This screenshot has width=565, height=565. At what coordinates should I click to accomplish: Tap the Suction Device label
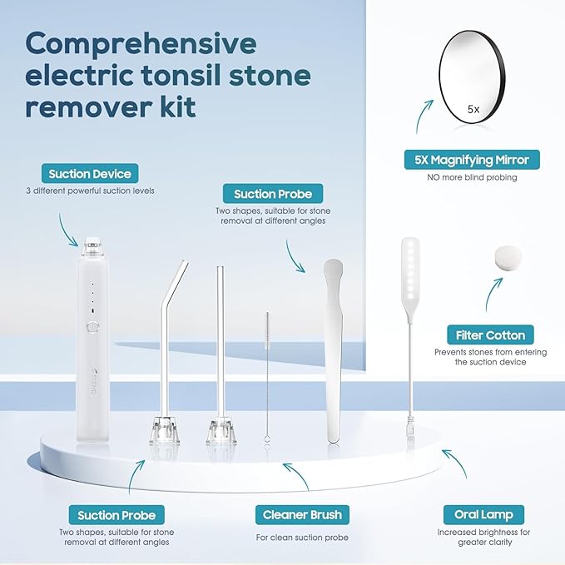(90, 174)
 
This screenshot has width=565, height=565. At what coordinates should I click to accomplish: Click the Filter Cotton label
(490, 335)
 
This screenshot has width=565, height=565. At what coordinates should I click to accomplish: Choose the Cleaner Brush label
(301, 515)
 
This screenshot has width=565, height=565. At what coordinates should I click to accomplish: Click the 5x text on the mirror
(473, 109)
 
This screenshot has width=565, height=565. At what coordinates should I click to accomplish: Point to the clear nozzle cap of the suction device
(92, 247)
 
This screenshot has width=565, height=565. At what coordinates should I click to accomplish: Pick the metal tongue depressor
(333, 349)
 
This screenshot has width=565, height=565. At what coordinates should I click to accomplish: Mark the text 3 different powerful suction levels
(90, 191)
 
